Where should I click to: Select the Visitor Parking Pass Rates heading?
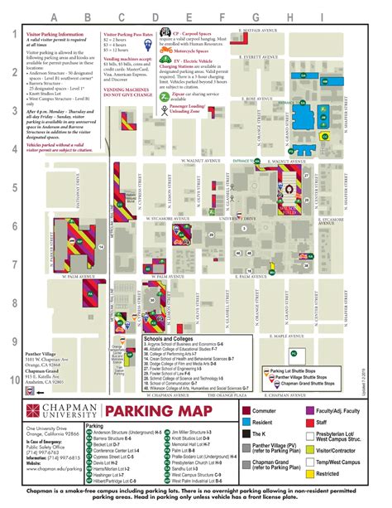(x=127, y=34)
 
